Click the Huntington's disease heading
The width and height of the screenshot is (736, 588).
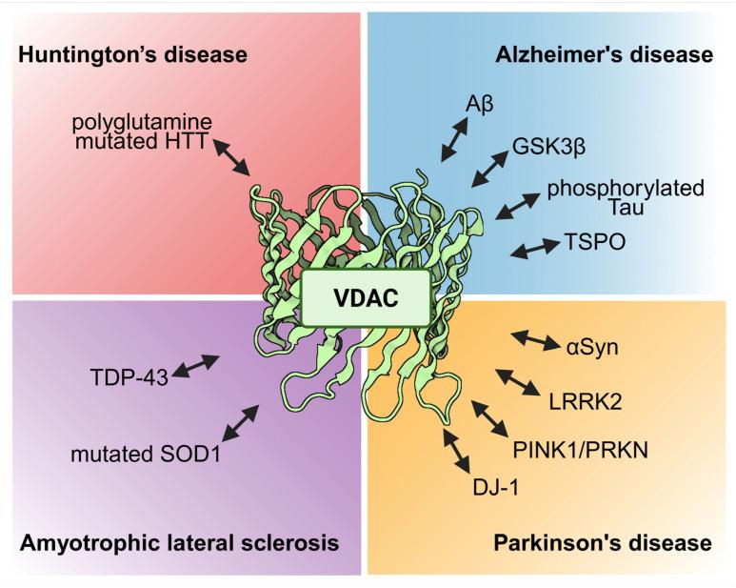pos(132,54)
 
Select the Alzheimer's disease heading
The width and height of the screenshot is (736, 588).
pos(604,54)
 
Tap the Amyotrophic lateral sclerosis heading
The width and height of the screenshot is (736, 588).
pos(178,544)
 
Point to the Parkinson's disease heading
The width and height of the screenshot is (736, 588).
pos(603,544)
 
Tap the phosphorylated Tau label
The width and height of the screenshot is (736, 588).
pos(625,197)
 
